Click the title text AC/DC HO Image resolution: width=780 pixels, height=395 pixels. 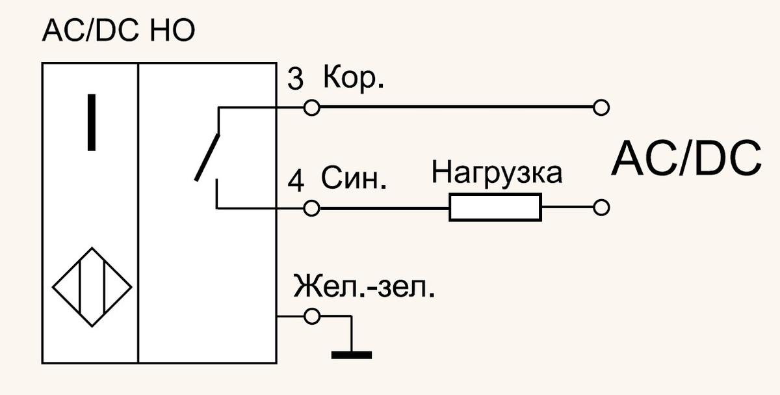pos(118,31)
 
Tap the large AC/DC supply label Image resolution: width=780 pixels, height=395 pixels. pos(686,159)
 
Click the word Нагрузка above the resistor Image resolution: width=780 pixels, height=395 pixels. pos(497,173)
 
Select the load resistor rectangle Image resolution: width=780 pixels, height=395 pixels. pos(495,207)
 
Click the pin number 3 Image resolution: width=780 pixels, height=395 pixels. pos(295,79)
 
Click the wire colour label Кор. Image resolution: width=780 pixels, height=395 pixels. pos(354,78)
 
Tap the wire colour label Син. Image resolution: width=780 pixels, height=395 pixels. pos(354,178)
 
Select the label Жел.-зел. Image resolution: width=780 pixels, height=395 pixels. pos(364,286)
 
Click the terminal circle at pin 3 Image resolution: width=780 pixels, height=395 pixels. pos(311,107)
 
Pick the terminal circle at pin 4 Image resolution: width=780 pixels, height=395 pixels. pos(311,208)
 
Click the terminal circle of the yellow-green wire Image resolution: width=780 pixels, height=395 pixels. pos(311,316)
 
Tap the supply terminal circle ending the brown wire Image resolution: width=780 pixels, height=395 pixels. pos(601,107)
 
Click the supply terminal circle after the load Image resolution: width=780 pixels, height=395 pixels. pos(601,208)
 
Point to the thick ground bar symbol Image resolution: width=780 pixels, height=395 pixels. pos(352,355)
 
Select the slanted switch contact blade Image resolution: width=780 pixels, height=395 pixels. pos(207,157)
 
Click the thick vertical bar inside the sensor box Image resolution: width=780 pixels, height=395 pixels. pos(92,122)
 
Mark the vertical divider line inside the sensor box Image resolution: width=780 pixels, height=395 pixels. pos(138,213)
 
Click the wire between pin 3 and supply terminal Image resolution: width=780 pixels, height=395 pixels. pos(456,107)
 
